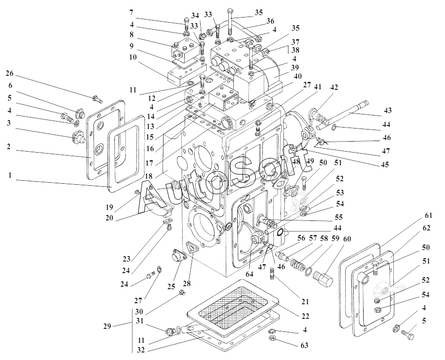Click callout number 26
tap(10, 73)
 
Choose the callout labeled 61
tap(428, 215)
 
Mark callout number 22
tap(305, 316)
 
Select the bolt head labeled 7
tap(186, 22)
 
